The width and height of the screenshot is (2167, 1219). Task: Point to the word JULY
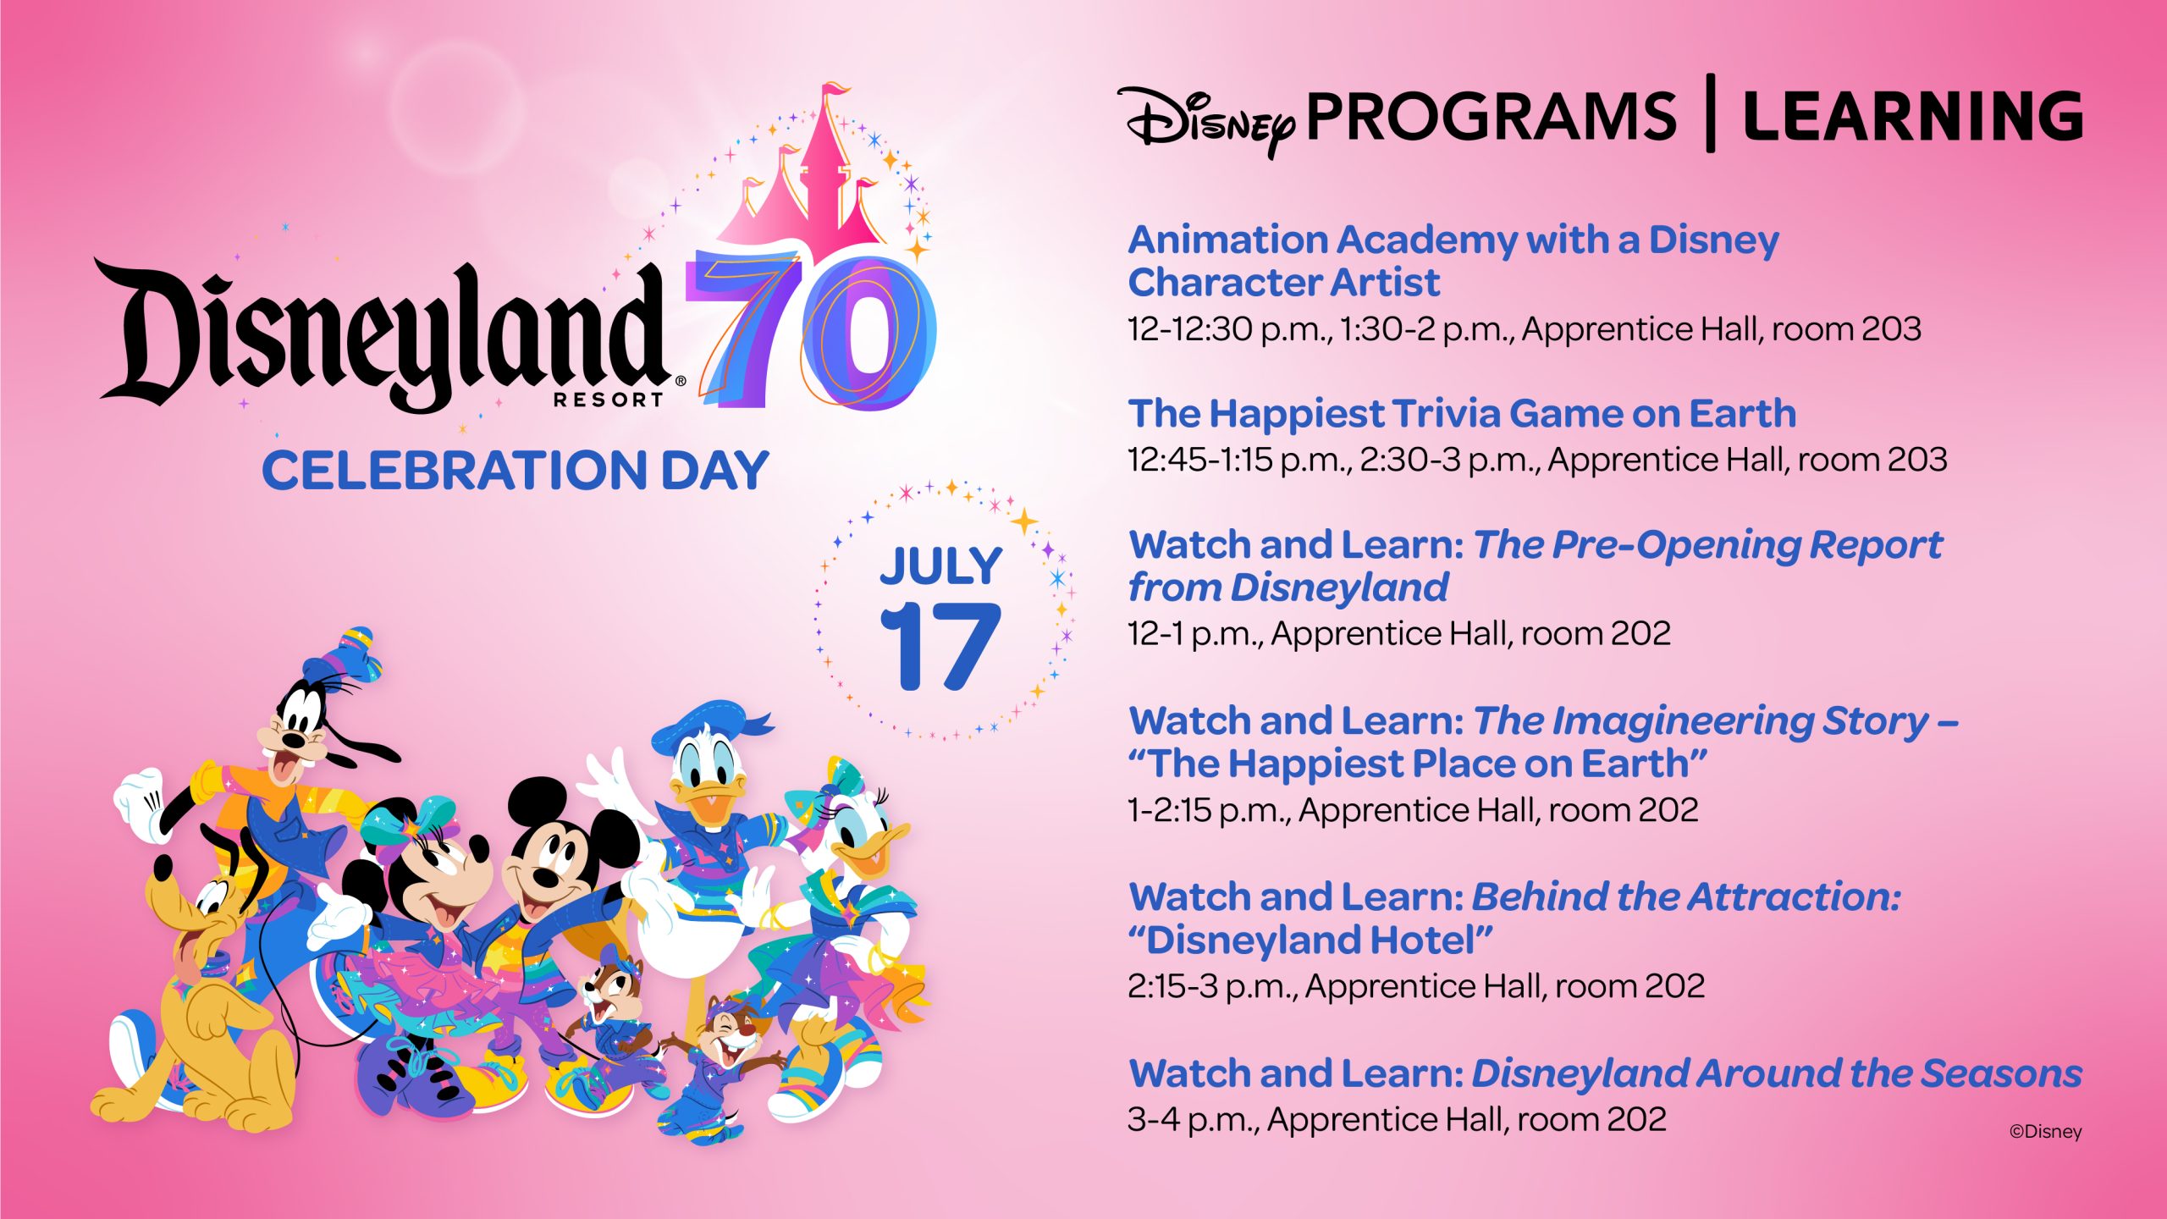click(x=940, y=565)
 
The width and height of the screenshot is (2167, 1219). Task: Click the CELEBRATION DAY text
click(x=515, y=471)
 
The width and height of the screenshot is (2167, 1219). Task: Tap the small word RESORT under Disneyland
click(x=608, y=400)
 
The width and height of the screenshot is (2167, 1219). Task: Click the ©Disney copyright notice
click(x=2045, y=1132)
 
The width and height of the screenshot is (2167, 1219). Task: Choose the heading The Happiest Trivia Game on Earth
click(x=1462, y=414)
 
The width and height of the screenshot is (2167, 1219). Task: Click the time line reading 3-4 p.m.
click(x=1397, y=1119)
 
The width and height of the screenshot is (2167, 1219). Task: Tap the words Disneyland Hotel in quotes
click(x=1310, y=940)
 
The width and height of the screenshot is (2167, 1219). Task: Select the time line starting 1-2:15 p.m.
click(x=1413, y=810)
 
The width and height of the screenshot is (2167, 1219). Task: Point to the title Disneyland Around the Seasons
click(x=1777, y=1073)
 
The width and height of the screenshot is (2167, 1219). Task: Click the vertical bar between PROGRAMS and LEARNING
click(x=1710, y=113)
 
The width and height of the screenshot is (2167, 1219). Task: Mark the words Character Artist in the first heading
click(x=1283, y=282)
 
